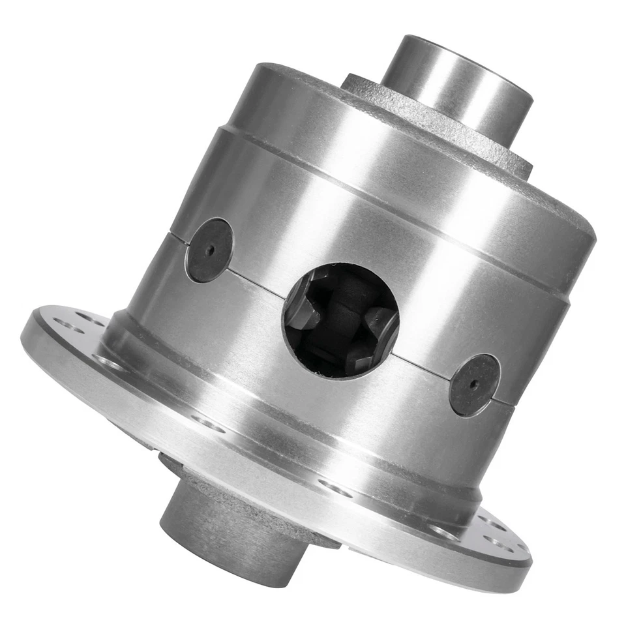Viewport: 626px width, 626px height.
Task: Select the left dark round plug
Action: [209, 250]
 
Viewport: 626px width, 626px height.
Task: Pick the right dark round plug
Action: [475, 385]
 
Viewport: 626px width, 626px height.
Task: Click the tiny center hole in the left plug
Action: [209, 250]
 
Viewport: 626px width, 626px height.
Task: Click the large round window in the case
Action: [340, 320]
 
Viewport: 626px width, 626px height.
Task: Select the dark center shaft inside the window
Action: [342, 313]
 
